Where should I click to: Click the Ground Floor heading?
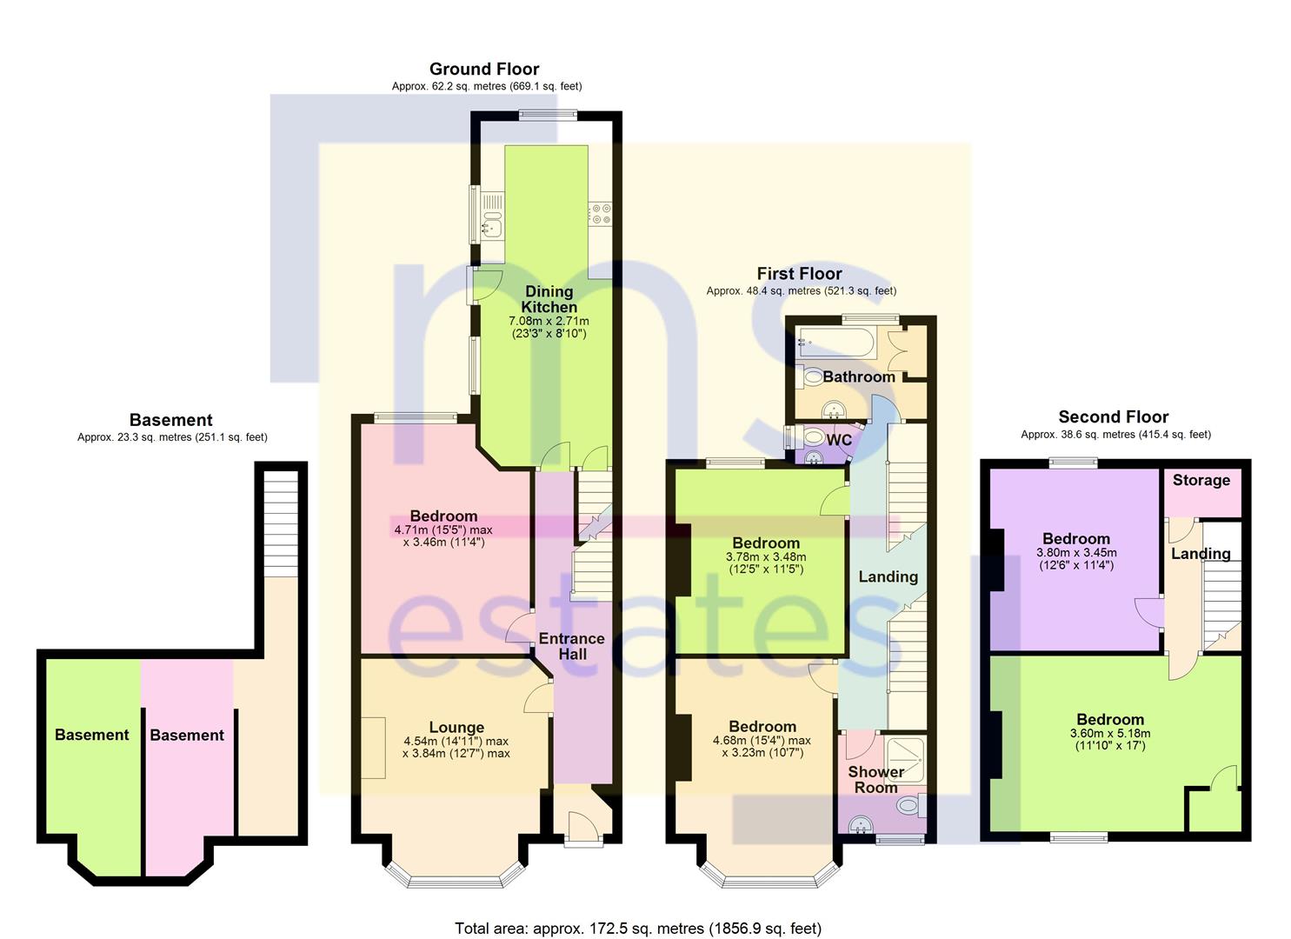click(x=484, y=70)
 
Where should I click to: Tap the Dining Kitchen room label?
click(x=549, y=299)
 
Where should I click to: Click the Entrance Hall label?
click(x=572, y=646)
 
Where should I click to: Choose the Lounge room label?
click(x=456, y=728)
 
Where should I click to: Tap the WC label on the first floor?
click(x=839, y=441)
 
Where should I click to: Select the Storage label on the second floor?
click(x=1201, y=480)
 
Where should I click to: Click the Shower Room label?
click(x=876, y=779)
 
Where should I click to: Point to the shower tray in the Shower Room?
click(x=904, y=760)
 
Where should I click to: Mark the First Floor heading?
click(x=799, y=273)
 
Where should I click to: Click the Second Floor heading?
click(x=1113, y=416)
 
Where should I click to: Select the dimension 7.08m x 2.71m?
click(x=549, y=321)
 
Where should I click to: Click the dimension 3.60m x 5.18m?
click(x=1110, y=734)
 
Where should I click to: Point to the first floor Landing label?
click(x=888, y=577)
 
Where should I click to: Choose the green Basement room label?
click(x=91, y=735)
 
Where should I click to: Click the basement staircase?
click(x=281, y=523)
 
